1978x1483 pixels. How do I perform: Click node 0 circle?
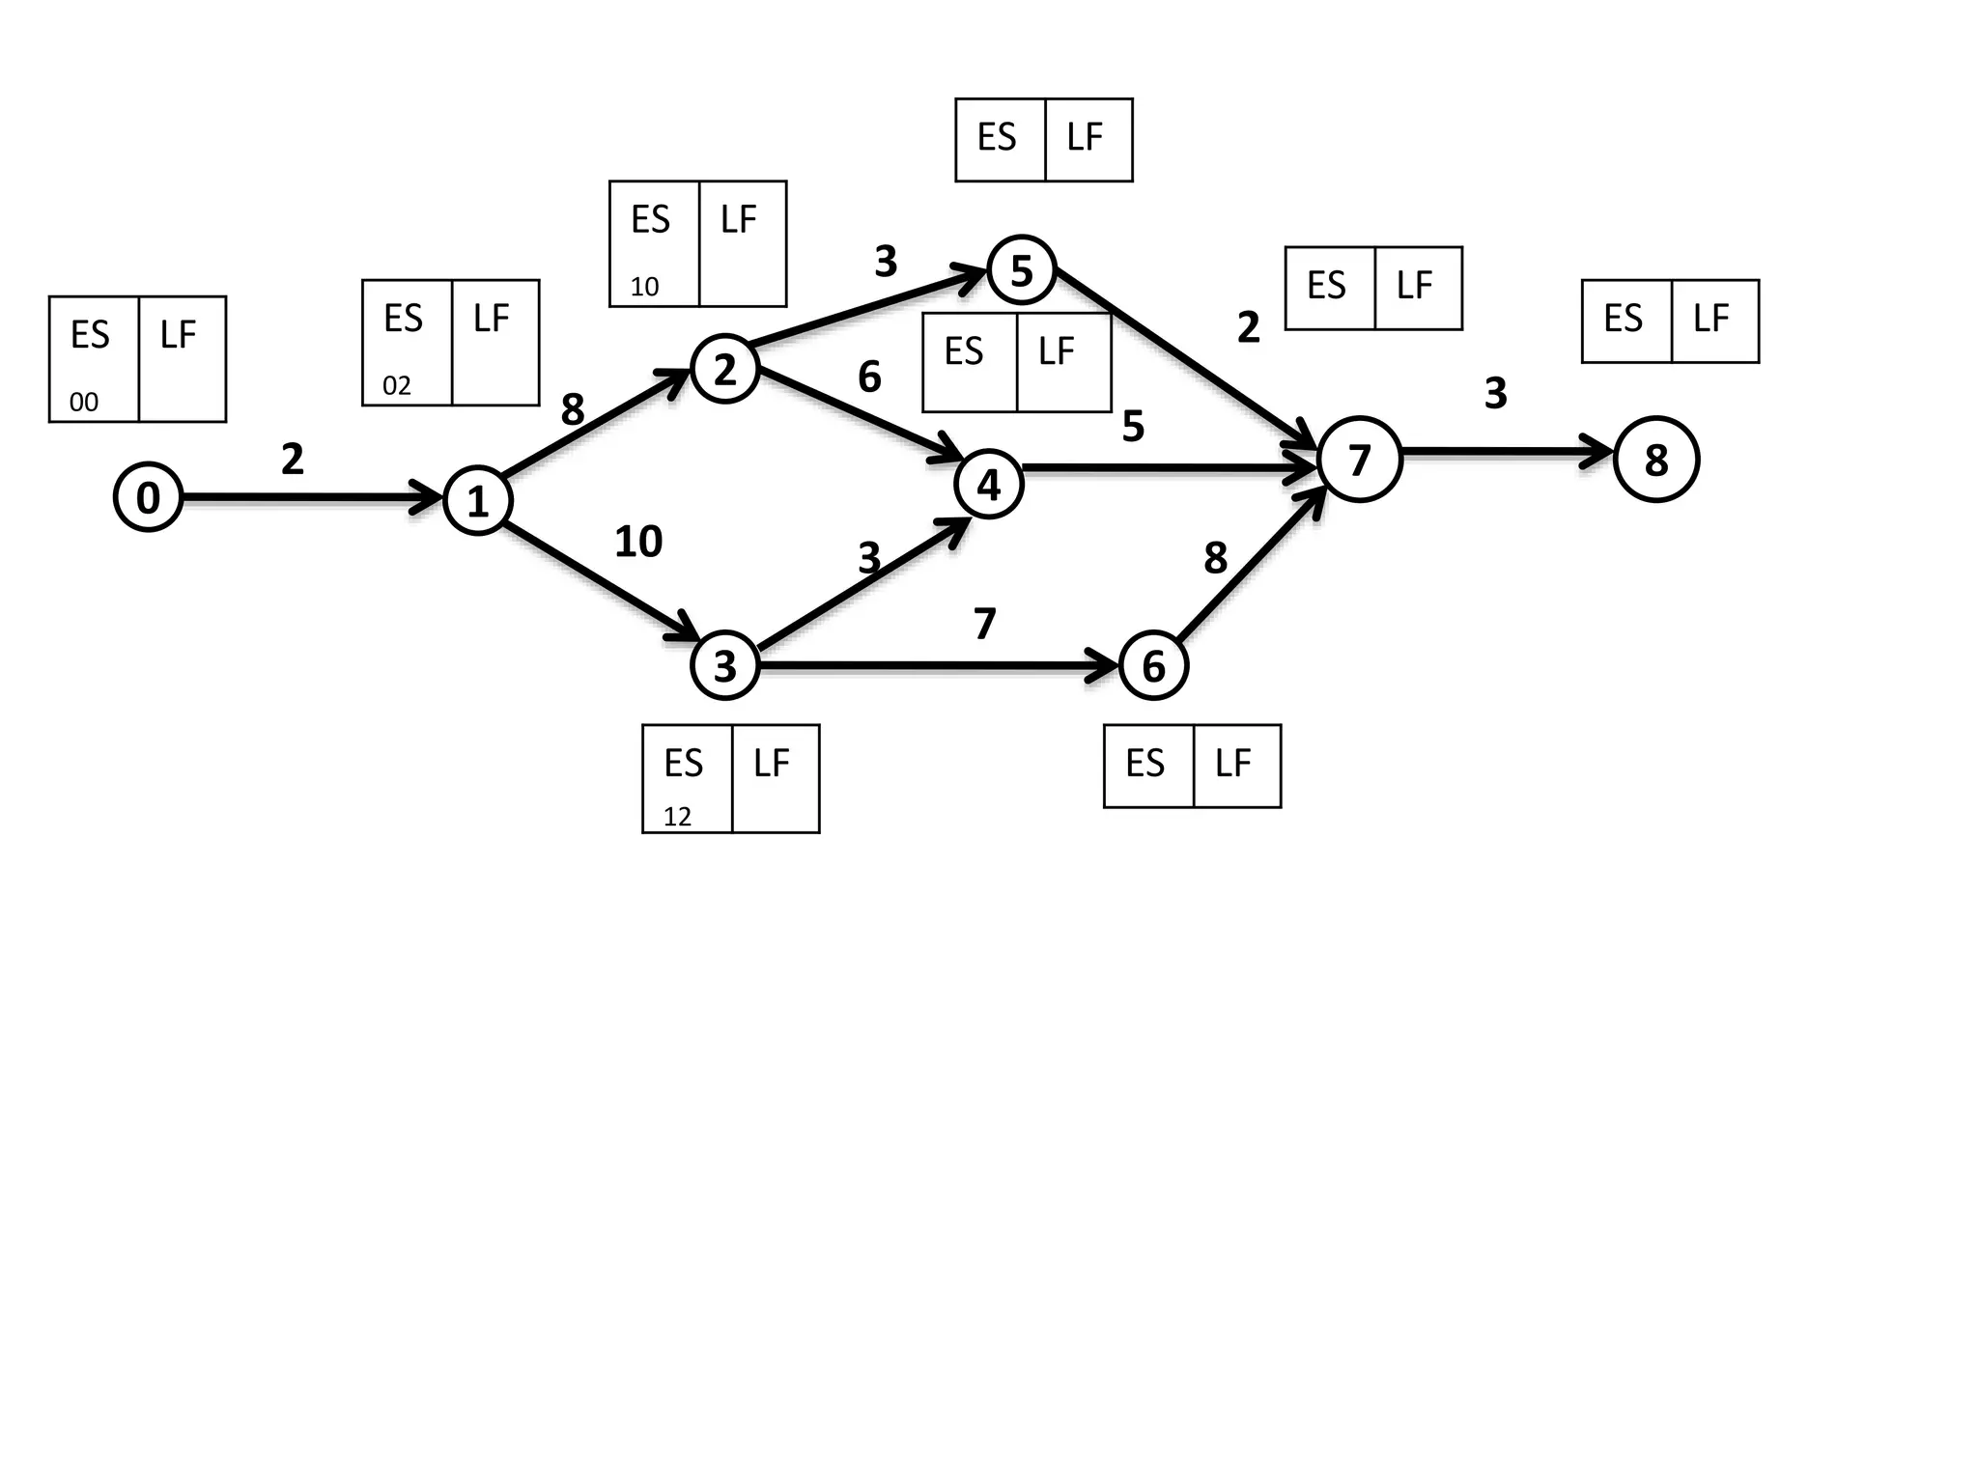pos(148,497)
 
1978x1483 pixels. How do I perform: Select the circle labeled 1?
pos(477,501)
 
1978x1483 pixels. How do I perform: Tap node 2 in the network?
pos(724,369)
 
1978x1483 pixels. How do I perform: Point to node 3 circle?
pos(724,665)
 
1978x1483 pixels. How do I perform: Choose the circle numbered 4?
pos(988,485)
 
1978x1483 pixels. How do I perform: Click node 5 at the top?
pos(1021,270)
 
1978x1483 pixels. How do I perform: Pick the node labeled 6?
pos(1153,665)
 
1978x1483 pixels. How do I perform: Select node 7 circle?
pos(1359,460)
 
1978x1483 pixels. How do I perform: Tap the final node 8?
pos(1655,460)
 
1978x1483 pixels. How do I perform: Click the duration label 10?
pos(638,542)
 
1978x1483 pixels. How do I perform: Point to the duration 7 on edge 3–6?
pos(984,624)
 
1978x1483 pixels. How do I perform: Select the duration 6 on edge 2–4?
pos(869,377)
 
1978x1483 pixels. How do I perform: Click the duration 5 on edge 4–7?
pos(1133,426)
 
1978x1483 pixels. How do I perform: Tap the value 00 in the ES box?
pos(84,402)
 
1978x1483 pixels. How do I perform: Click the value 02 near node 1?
pos(397,386)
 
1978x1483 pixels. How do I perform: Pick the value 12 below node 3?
pos(677,817)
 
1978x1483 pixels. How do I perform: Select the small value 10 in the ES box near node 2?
pos(644,287)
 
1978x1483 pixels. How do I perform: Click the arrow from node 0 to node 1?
pos(309,498)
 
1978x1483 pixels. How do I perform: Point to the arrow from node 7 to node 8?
pos(1507,451)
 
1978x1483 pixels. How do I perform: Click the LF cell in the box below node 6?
pos(1235,765)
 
